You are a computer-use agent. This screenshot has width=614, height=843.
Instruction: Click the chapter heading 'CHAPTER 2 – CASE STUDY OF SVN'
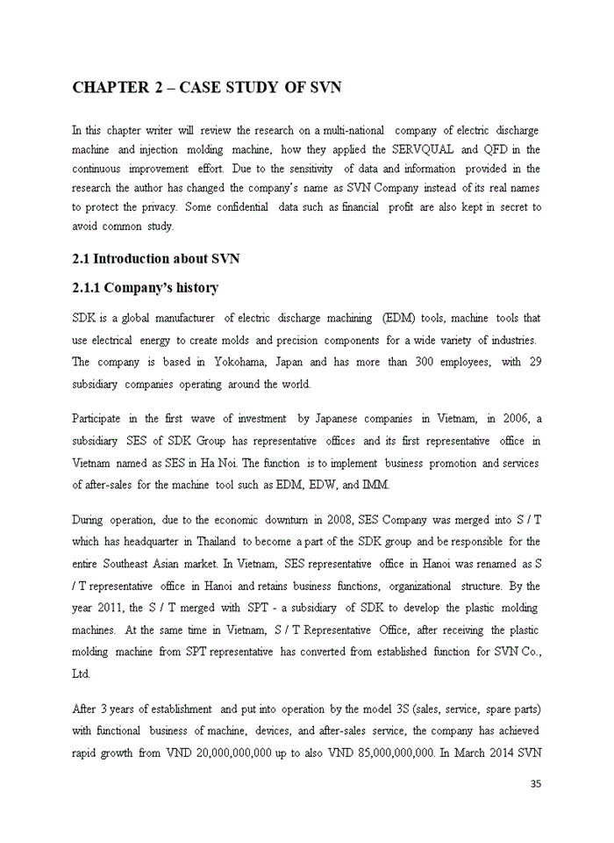pos(206,87)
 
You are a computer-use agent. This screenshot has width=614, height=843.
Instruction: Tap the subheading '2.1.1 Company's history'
pos(145,288)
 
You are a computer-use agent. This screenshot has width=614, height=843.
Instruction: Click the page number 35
pos(535,784)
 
